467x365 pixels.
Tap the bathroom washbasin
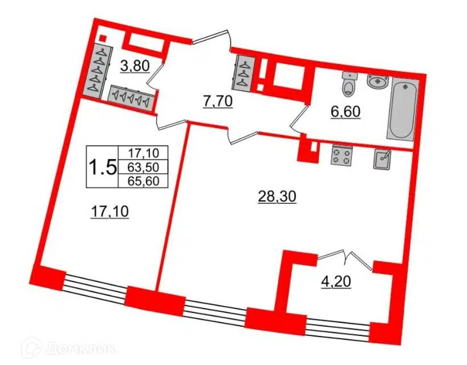(x=378, y=82)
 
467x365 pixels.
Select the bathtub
(x=403, y=109)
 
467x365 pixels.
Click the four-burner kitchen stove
(x=342, y=156)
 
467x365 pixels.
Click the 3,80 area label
(x=135, y=66)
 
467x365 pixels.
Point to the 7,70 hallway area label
(x=217, y=102)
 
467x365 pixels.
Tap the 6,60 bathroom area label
(x=346, y=112)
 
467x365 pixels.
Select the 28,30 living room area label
(x=277, y=197)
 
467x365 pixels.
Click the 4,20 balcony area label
(x=336, y=282)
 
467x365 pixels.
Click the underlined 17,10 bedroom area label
(x=109, y=212)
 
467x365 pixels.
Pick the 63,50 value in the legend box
(x=143, y=168)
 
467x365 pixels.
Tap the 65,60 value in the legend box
(x=143, y=181)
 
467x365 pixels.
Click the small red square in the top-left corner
(x=103, y=38)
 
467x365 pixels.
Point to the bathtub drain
(x=405, y=87)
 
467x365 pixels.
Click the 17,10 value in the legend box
(x=143, y=153)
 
